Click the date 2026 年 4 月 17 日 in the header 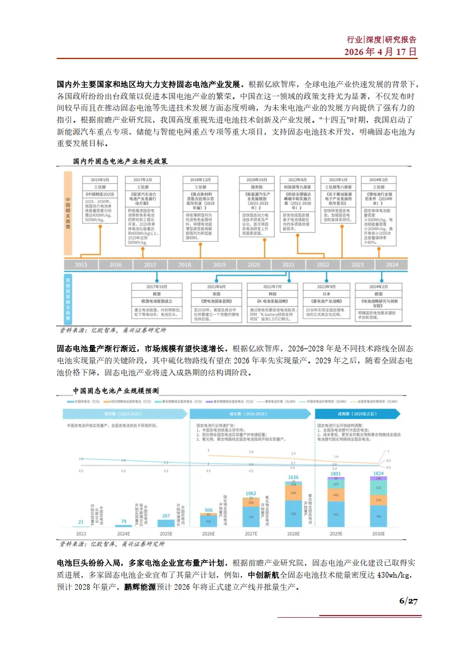(x=380, y=52)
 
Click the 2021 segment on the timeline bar (x=288, y=265)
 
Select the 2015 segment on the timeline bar (x=81, y=265)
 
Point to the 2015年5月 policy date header (x=100, y=179)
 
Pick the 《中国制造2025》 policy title (x=100, y=194)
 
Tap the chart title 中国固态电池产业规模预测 (x=120, y=390)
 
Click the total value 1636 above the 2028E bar (x=293, y=477)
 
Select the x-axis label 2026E (x=209, y=534)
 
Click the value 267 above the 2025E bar (x=166, y=516)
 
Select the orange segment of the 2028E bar (x=293, y=492)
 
